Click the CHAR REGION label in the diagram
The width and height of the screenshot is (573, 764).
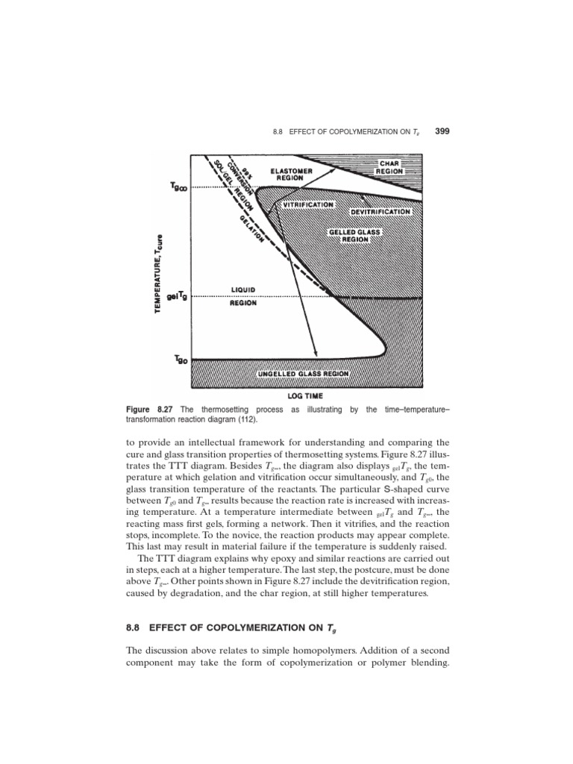pyautogui.click(x=390, y=166)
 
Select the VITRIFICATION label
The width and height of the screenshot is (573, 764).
pyautogui.click(x=308, y=204)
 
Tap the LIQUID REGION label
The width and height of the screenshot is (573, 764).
pyautogui.click(x=243, y=296)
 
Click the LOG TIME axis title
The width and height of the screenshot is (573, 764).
pyautogui.click(x=306, y=397)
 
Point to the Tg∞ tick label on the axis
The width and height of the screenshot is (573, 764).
pyautogui.click(x=178, y=188)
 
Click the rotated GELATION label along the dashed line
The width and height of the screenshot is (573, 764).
pyautogui.click(x=251, y=228)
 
